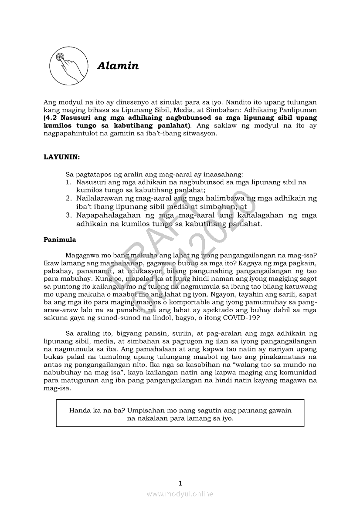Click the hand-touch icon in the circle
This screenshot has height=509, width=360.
point(67,67)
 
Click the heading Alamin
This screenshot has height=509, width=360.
point(118,66)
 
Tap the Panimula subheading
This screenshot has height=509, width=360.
point(60,239)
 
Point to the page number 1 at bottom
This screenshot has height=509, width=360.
point(180,483)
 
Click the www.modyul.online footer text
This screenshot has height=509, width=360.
point(180,494)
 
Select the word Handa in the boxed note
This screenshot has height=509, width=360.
point(80,410)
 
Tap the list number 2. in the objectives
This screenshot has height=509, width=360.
point(69,198)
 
